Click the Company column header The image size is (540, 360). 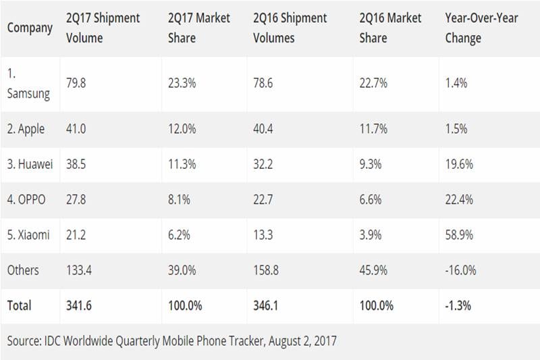click(30, 28)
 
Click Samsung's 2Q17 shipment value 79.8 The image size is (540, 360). click(77, 84)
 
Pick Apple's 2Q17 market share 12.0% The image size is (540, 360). click(182, 128)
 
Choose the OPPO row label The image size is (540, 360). click(28, 200)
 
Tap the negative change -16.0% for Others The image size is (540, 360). click(462, 270)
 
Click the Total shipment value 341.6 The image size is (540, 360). click(79, 306)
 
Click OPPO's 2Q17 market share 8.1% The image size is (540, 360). click(180, 200)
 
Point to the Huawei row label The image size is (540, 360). click(30, 164)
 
